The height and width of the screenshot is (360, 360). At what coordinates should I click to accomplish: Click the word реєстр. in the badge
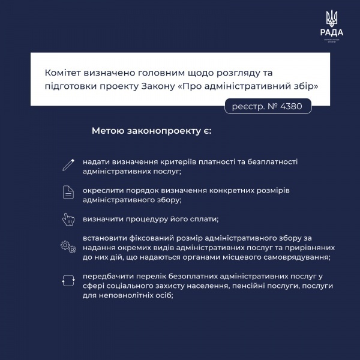point(247,107)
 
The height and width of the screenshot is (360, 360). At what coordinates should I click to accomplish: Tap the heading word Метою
point(109,130)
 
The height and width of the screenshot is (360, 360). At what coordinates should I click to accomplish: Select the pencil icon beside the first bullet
point(68,163)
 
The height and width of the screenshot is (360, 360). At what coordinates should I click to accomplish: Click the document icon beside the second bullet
point(68,192)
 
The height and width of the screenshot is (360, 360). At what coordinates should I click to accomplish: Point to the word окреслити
point(104,190)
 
